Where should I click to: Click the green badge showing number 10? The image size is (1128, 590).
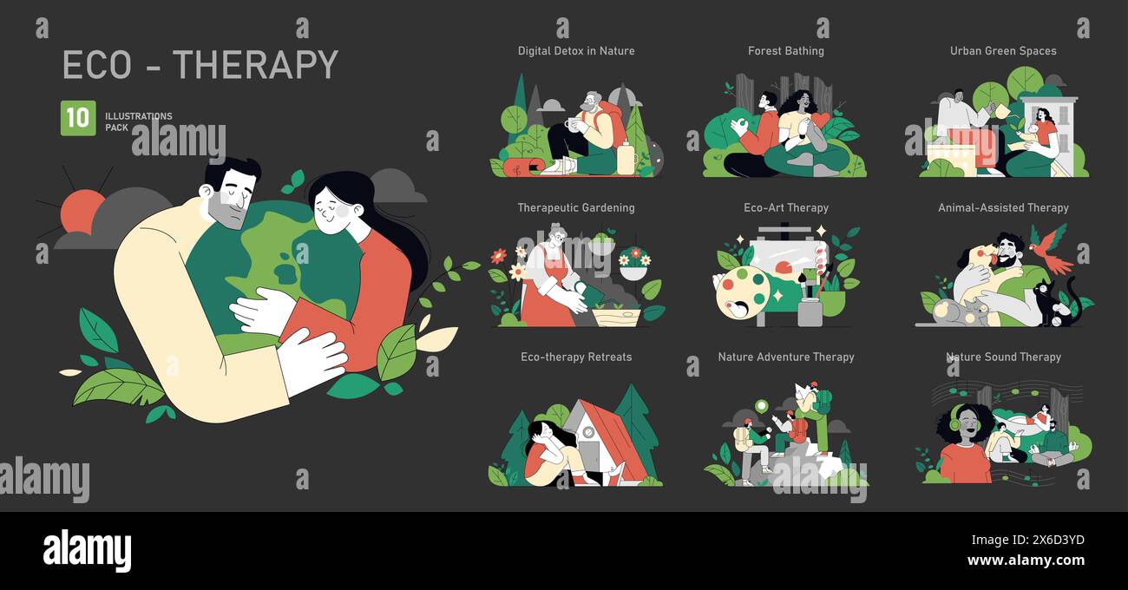(78, 118)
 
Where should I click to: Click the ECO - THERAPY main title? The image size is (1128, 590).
(200, 65)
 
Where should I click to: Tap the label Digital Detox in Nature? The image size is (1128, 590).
(576, 51)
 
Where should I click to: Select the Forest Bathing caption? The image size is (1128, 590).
(786, 51)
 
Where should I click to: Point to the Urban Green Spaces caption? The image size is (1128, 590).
(1003, 51)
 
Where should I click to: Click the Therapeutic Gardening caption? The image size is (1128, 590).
(576, 208)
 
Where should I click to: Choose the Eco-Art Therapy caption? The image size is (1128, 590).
(786, 208)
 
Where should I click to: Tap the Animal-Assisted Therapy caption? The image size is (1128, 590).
(1003, 208)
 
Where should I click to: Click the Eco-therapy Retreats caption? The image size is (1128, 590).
(576, 357)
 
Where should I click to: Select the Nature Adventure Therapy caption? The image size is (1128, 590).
(786, 357)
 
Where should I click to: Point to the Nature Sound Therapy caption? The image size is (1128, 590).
(1003, 357)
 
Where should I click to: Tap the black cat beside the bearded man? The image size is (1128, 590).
(1054, 304)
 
